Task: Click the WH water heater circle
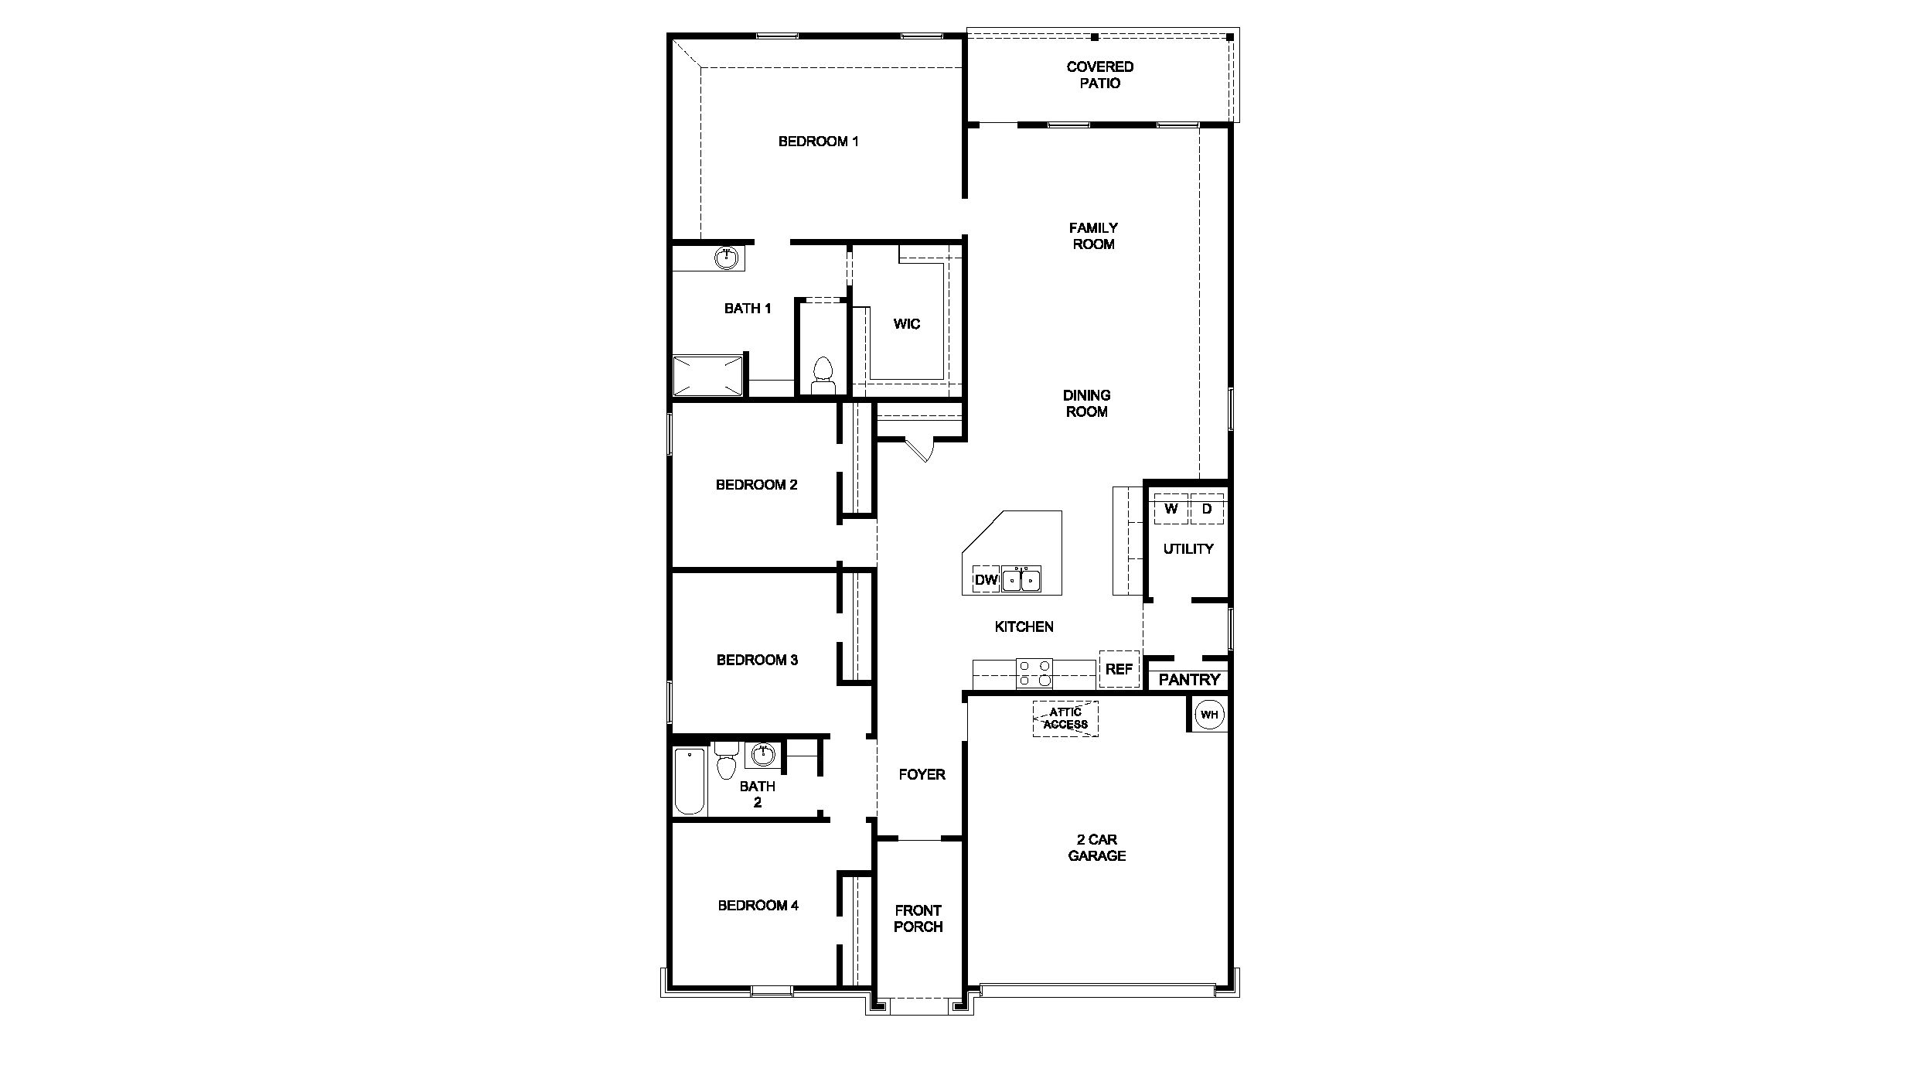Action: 1209,714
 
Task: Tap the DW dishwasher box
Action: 986,579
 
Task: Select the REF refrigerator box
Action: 1119,669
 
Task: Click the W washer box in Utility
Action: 1171,509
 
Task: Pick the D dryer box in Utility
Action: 1207,509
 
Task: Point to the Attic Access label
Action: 1065,719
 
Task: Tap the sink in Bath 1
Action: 726,258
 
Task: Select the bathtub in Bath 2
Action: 690,780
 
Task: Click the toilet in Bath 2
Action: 725,761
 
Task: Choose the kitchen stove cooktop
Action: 1034,674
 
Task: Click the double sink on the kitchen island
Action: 1021,579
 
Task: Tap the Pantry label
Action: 1189,680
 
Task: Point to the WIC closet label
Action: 907,324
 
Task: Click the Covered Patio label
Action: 1100,75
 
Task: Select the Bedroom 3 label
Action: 757,660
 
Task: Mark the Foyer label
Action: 922,774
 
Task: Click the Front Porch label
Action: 918,919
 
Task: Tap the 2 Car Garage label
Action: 1096,848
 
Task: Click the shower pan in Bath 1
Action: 707,376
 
